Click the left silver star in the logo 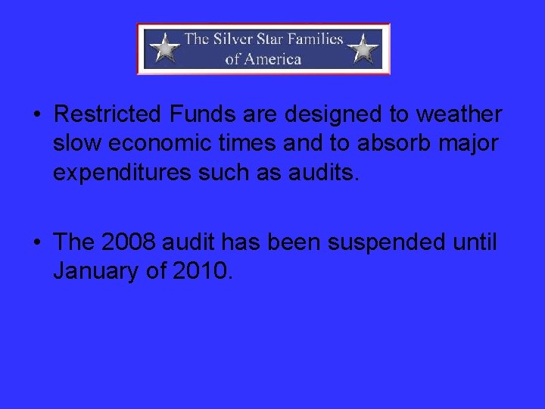(x=164, y=48)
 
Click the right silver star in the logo (x=363, y=48)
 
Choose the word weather (x=459, y=114)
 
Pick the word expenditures (x=121, y=173)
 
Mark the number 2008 (x=128, y=242)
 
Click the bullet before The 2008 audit (x=36, y=242)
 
